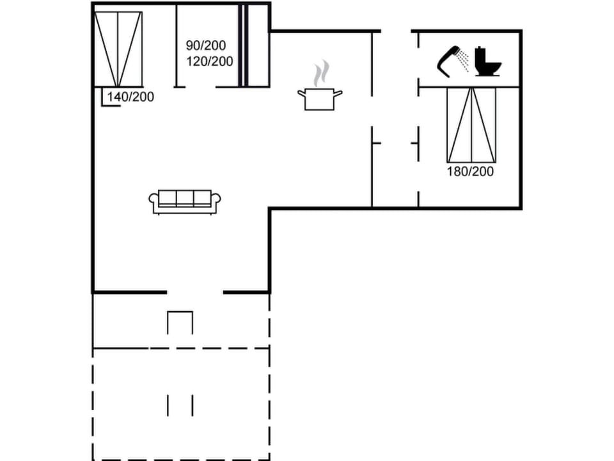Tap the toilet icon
488,61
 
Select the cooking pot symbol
320,99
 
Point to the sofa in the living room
185,201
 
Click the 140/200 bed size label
131,97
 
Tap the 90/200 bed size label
206,46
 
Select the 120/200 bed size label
210,61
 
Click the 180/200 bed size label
471,172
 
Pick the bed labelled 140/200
118,49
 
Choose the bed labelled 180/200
471,125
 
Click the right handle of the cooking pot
338,93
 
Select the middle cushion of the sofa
185,198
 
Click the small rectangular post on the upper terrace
180,322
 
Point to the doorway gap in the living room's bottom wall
195,292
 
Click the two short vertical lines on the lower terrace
180,405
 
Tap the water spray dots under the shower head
464,62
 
